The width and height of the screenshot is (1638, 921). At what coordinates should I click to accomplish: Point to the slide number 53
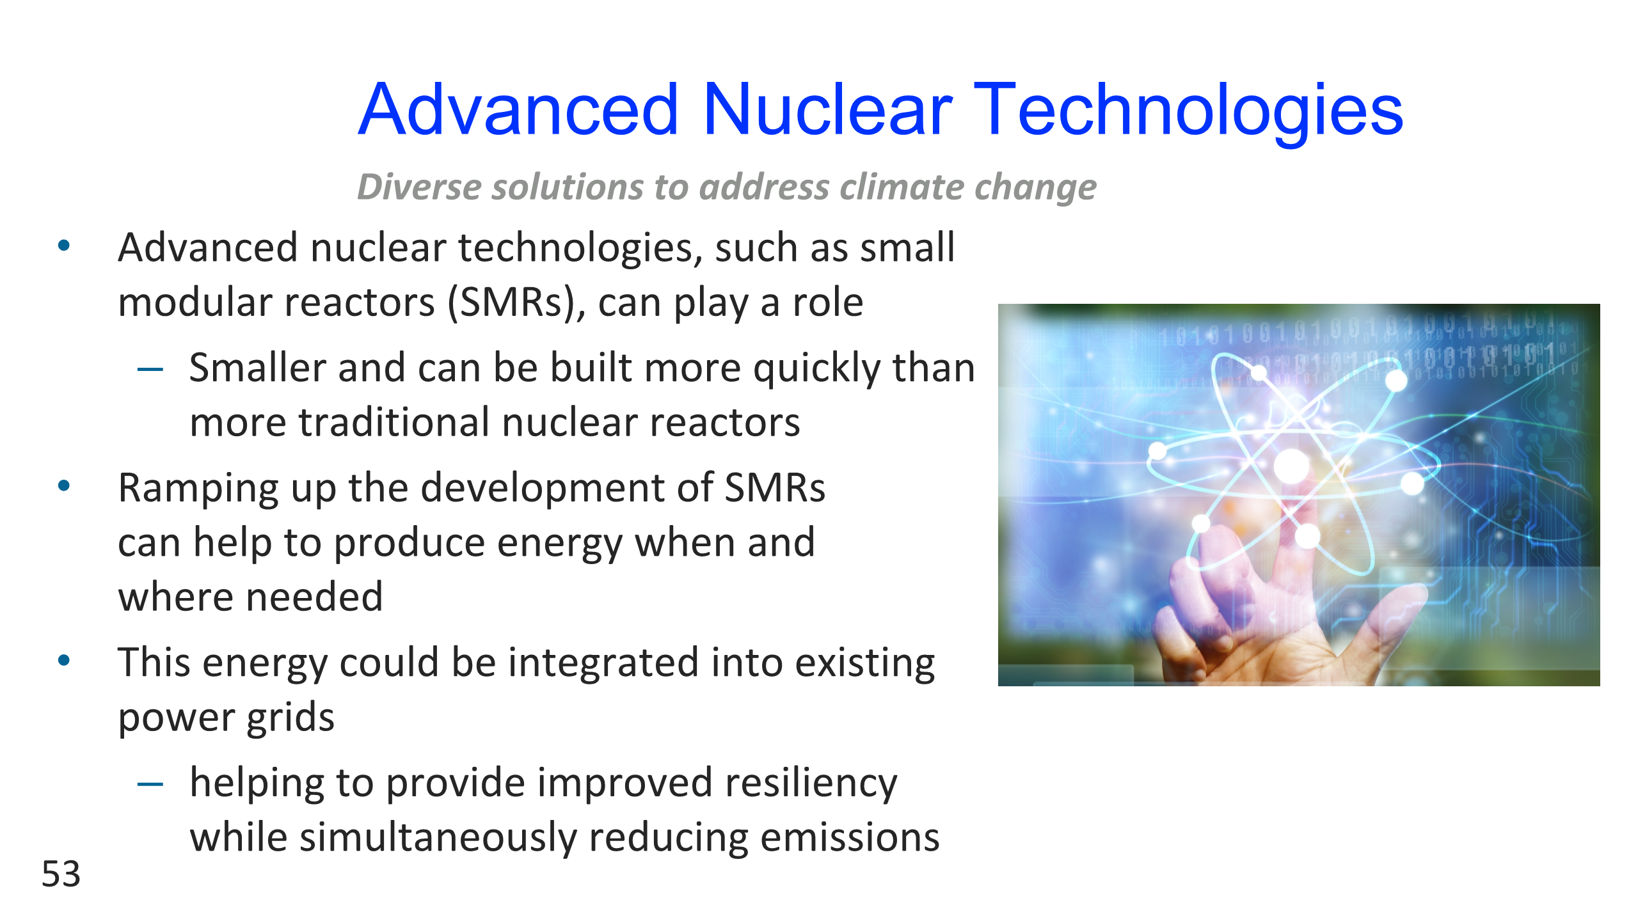coord(61,874)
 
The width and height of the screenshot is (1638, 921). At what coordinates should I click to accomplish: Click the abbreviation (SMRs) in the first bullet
coord(516,303)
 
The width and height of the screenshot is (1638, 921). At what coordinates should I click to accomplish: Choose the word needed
coord(315,597)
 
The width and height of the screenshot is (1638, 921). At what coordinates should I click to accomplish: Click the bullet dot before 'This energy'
coord(64,660)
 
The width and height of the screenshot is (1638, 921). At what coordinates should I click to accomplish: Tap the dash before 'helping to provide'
coord(150,783)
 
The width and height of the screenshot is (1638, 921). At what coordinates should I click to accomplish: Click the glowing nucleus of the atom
coord(1292,466)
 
